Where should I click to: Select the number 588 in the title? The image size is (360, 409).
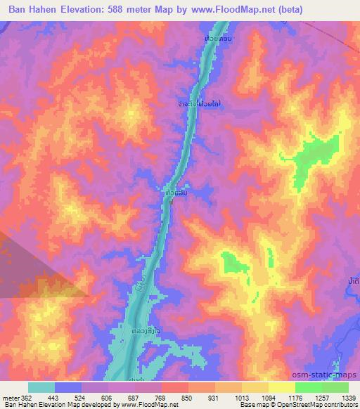point(138,10)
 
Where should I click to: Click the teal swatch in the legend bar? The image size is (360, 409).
point(41,387)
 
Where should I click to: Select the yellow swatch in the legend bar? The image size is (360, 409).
point(282,387)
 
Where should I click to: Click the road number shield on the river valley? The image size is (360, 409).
point(142,289)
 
